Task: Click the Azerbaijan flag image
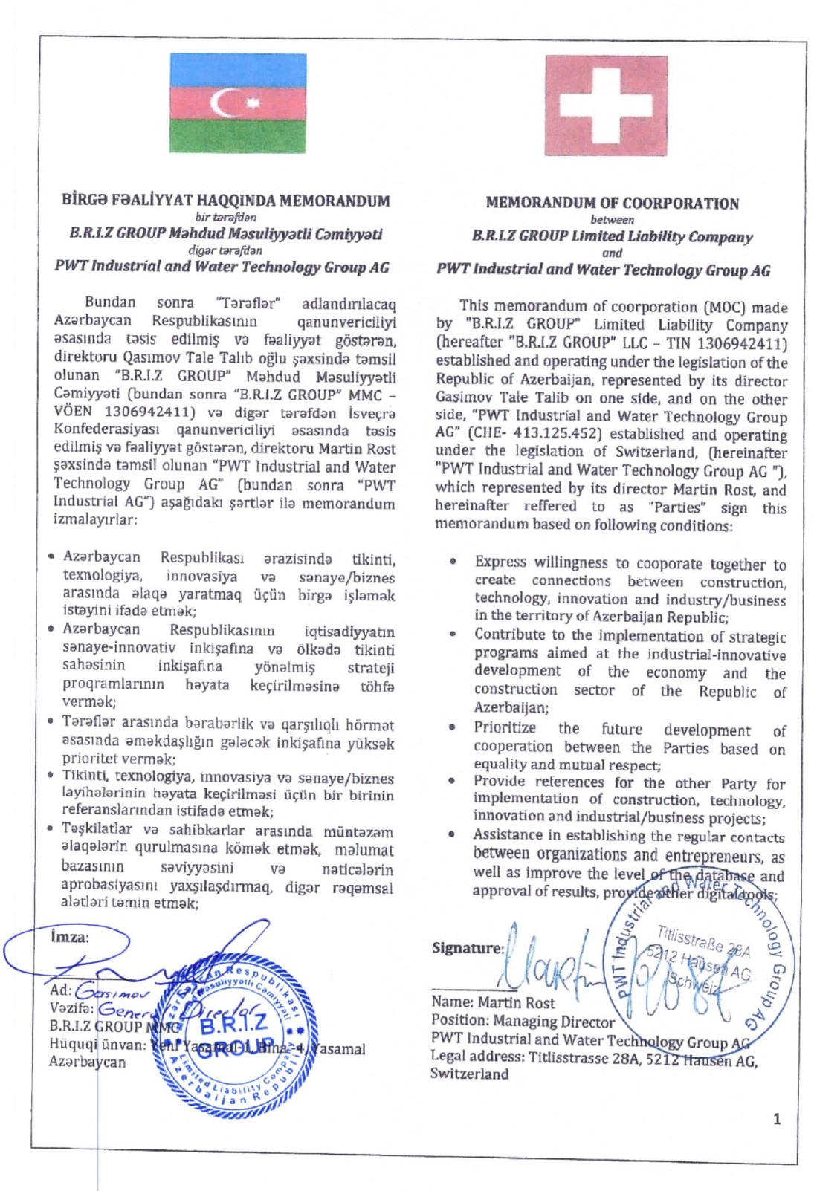pos(238,103)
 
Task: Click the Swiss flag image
pos(606,105)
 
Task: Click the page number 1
pos(777,1119)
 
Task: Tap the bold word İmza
pos(68,937)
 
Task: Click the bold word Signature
pos(468,948)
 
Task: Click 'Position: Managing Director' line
pos(523,1022)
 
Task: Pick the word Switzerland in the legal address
pos(469,1074)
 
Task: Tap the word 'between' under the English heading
pos(613,220)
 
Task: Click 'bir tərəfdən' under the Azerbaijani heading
pos(225,217)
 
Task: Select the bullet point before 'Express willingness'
pos(452,562)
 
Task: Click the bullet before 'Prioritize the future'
pos(452,728)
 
